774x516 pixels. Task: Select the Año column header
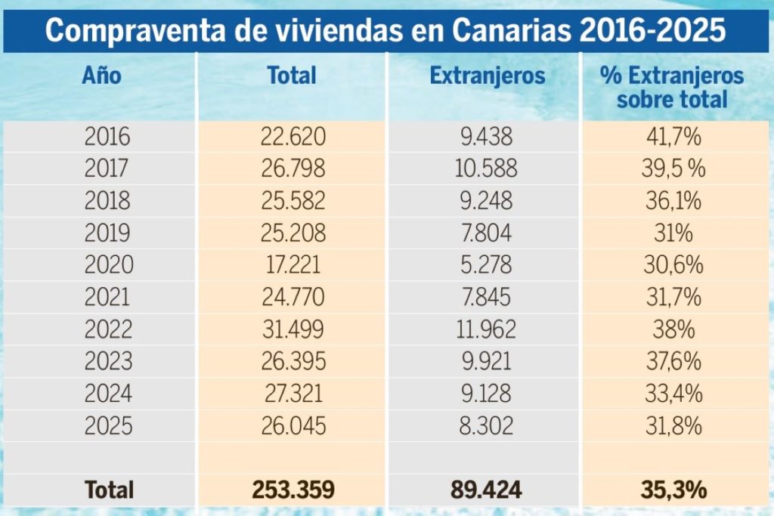pyautogui.click(x=101, y=76)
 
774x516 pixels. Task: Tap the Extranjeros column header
pyautogui.click(x=488, y=76)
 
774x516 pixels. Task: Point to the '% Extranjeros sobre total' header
pyautogui.click(x=672, y=88)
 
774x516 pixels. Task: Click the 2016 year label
pyautogui.click(x=107, y=136)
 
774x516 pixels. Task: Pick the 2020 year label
pyautogui.click(x=109, y=265)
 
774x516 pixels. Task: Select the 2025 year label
pyautogui.click(x=108, y=426)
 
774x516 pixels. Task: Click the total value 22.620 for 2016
pyautogui.click(x=293, y=136)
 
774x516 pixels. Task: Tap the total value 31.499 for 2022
pyautogui.click(x=293, y=329)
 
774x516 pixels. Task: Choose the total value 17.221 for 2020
pyautogui.click(x=293, y=265)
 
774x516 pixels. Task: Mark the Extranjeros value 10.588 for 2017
pyautogui.click(x=486, y=168)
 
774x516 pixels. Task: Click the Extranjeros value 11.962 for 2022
pyautogui.click(x=486, y=329)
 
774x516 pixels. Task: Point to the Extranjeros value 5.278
pyautogui.click(x=486, y=265)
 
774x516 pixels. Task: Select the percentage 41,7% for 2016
pyautogui.click(x=673, y=136)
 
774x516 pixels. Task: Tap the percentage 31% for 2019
pyautogui.click(x=673, y=233)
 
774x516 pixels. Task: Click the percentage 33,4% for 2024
pyautogui.click(x=673, y=394)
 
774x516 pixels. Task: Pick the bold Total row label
pyautogui.click(x=109, y=490)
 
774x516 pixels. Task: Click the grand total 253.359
pyautogui.click(x=293, y=490)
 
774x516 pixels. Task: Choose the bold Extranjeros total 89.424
pyautogui.click(x=486, y=490)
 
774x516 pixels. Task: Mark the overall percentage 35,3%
pyautogui.click(x=673, y=490)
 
